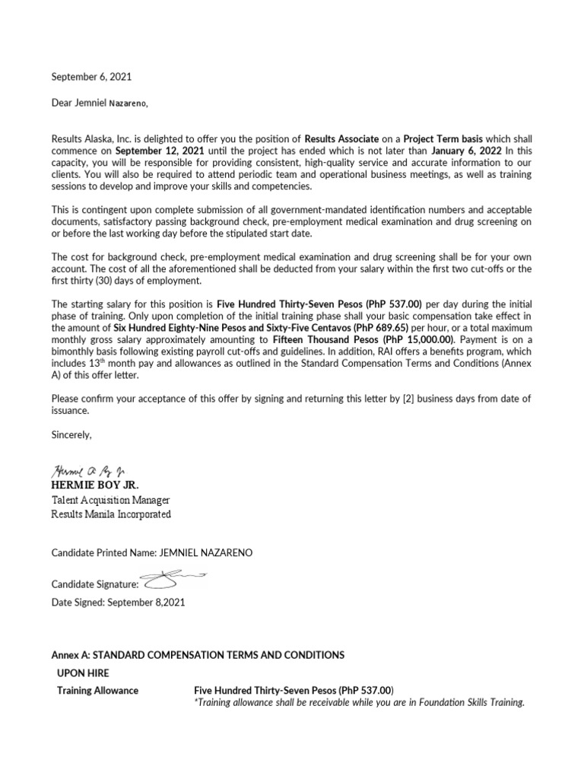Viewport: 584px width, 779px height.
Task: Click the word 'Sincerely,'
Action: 71,434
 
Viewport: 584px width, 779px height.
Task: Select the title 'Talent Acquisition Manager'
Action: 110,500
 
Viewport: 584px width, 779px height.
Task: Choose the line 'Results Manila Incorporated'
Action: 111,514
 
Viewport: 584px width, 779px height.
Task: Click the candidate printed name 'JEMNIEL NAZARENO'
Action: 205,552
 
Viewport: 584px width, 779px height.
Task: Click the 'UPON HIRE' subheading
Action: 83,672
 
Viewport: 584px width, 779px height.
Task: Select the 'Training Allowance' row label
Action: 98,690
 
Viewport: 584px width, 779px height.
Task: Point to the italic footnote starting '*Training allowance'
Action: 360,702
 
